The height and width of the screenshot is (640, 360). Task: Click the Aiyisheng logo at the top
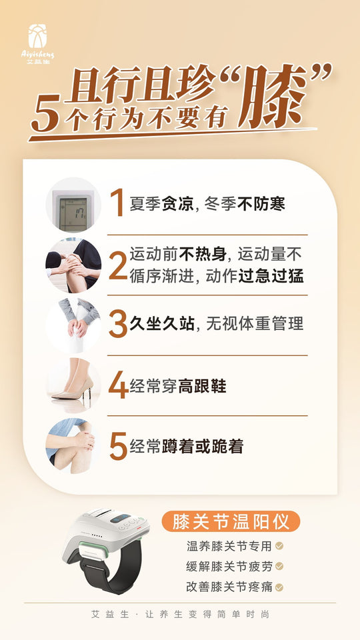(x=41, y=43)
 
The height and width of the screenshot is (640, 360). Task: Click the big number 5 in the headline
(x=46, y=117)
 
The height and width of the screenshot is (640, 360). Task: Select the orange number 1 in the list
(x=117, y=203)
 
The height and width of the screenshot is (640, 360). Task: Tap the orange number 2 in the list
(x=117, y=265)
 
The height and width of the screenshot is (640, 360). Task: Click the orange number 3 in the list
(x=117, y=325)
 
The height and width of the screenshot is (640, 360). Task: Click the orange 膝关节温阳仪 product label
(x=231, y=521)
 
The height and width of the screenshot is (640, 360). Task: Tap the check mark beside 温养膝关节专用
(x=279, y=545)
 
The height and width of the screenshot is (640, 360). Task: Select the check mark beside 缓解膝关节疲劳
(x=279, y=566)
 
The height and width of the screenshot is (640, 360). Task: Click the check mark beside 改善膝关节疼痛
(x=279, y=587)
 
